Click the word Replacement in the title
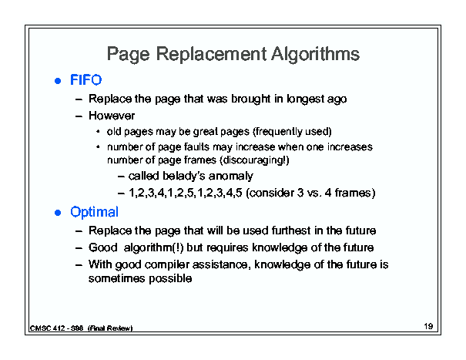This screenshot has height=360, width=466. pyautogui.click(x=211, y=54)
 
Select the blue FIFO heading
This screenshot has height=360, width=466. pyautogui.click(x=86, y=80)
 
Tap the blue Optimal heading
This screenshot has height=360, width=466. pyautogui.click(x=94, y=213)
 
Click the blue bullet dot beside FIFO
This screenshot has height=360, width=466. pyautogui.click(x=58, y=81)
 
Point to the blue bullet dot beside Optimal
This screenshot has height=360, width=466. pyautogui.click(x=58, y=213)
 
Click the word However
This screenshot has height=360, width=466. pyautogui.click(x=112, y=116)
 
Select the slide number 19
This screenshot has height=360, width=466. pyautogui.click(x=428, y=326)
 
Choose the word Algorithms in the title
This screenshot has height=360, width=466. pyautogui.click(x=315, y=55)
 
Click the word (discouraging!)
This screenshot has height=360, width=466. pyautogui.click(x=254, y=160)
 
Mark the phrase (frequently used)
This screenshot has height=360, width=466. pyautogui.click(x=292, y=132)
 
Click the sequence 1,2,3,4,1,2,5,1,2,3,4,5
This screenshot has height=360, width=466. pyautogui.click(x=186, y=193)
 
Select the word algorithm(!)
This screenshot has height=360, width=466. pyautogui.click(x=153, y=247)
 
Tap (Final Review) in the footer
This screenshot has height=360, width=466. pyautogui.click(x=110, y=328)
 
